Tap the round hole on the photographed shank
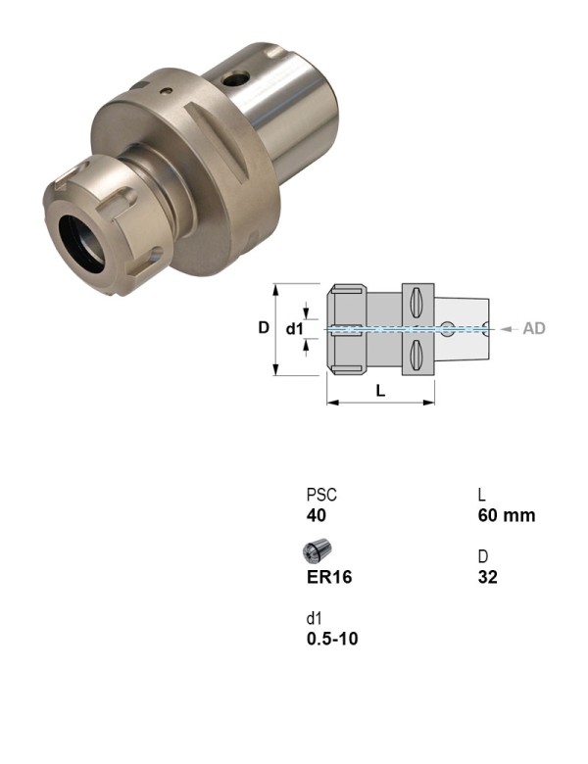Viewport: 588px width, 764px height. click(235, 79)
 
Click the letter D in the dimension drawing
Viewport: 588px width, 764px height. click(264, 328)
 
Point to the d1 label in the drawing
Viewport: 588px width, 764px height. click(295, 329)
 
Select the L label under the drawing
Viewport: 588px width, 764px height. click(380, 390)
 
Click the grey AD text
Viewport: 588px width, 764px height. click(534, 329)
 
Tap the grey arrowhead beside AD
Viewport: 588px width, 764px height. click(507, 329)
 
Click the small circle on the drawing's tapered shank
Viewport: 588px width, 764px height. click(447, 328)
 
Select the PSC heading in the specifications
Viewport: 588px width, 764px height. click(321, 496)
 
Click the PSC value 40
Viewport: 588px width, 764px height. click(317, 516)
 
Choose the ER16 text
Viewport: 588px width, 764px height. click(329, 578)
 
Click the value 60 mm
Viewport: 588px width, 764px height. click(507, 516)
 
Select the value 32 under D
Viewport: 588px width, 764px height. click(488, 578)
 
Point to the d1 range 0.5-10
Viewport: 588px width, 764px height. click(332, 640)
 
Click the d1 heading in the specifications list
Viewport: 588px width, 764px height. click(314, 619)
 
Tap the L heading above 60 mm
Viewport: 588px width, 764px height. click(482, 496)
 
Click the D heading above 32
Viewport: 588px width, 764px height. click(483, 557)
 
